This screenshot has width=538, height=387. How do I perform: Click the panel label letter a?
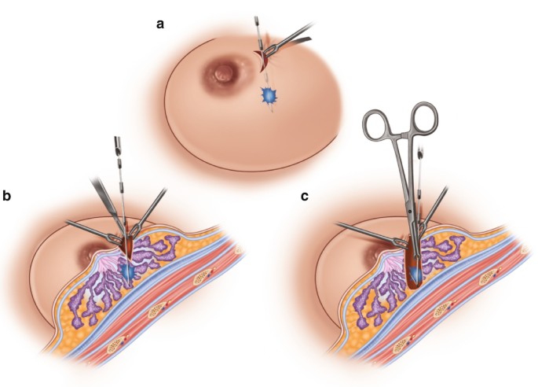click(161, 24)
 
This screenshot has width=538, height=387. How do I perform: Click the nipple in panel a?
click(222, 75)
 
